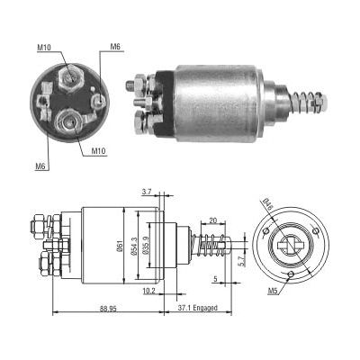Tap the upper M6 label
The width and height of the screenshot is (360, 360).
pos(115,46)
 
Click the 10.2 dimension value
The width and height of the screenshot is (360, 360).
pos(148,291)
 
